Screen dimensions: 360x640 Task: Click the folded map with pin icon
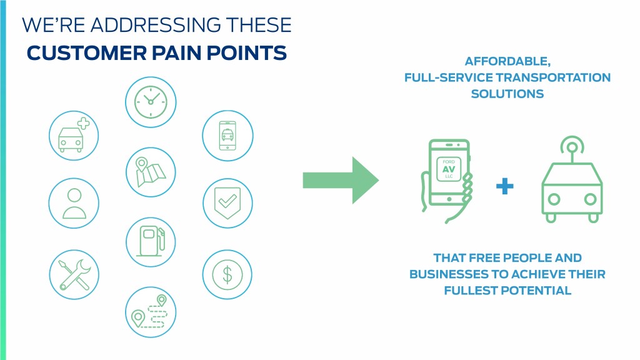coord(151,171)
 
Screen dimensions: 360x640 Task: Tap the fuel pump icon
coord(151,241)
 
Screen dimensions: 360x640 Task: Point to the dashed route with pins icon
coord(151,311)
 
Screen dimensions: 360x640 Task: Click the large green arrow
coord(340,181)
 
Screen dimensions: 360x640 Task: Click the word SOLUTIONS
coord(507,94)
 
